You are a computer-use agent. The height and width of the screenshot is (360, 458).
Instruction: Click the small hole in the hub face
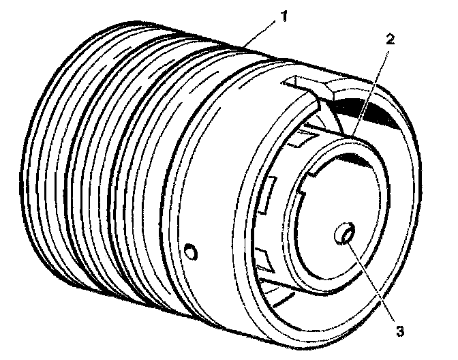click(x=343, y=235)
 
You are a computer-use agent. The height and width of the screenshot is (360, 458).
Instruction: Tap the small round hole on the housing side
click(x=192, y=253)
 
